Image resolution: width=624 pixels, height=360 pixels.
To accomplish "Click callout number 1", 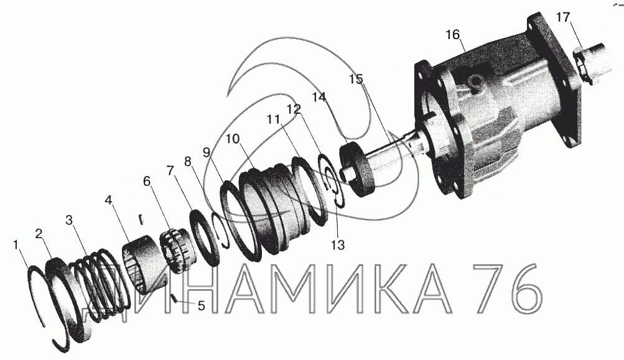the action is click(16, 244).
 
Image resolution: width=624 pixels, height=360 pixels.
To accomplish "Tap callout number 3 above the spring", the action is click(70, 220).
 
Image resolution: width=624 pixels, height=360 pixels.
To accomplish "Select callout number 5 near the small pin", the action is click(201, 305).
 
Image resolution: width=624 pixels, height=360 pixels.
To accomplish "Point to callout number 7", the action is click(170, 171).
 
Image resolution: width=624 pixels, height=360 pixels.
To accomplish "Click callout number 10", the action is click(233, 139).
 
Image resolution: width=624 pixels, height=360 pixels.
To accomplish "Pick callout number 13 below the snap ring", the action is click(337, 245).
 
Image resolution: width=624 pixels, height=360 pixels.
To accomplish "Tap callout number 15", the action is click(356, 80).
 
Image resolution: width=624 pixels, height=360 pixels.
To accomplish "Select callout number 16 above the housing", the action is click(452, 35).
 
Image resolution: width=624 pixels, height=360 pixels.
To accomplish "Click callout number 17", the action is click(563, 17).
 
